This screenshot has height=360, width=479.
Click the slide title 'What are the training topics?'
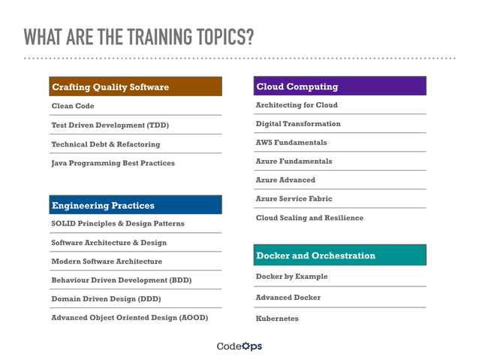tap(138, 37)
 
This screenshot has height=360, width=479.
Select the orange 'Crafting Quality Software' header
tap(136, 87)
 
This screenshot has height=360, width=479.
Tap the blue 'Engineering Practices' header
tap(136, 205)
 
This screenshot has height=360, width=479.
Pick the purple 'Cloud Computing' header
tap(340, 86)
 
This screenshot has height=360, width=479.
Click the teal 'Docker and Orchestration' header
tap(340, 256)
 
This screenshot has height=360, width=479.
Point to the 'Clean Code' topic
tap(73, 106)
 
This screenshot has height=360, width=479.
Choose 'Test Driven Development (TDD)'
tap(110, 125)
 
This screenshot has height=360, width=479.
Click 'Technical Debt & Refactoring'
tap(105, 144)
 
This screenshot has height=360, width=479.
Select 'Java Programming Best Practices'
tap(113, 162)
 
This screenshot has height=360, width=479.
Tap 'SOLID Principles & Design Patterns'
tap(117, 224)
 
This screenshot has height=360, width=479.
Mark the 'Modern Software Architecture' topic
tap(107, 262)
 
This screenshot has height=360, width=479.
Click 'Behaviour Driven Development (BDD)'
tap(121, 280)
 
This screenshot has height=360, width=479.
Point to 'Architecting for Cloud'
tap(297, 105)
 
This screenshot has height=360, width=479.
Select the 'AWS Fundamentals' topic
tap(291, 142)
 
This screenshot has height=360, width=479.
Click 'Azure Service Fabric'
tap(294, 198)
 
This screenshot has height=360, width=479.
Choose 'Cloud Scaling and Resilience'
tap(309, 218)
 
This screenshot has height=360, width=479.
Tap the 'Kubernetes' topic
tap(277, 319)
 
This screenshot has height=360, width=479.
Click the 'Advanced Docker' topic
tap(288, 298)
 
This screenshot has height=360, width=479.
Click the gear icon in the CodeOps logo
tap(246, 346)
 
